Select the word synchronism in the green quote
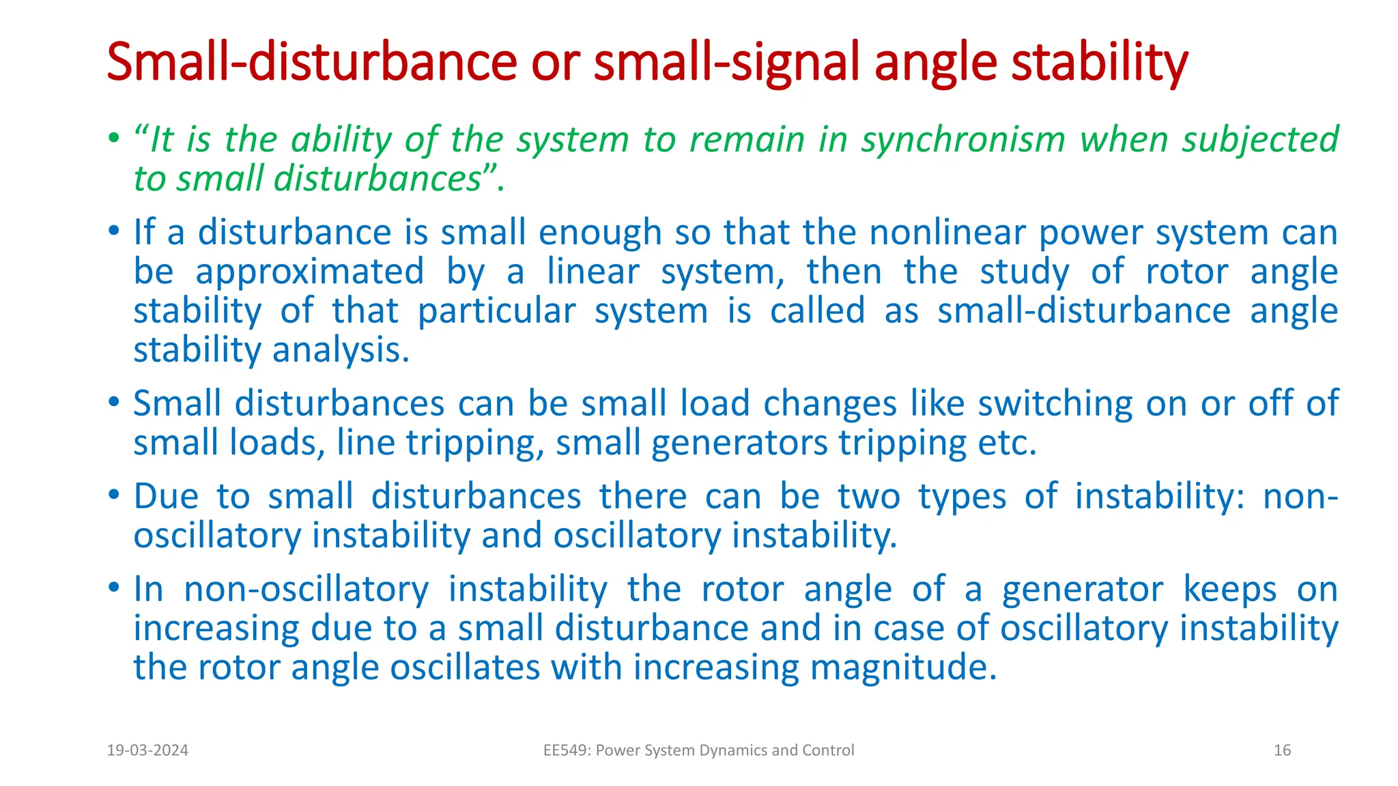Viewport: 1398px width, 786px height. [x=963, y=140]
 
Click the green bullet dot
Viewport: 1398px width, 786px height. [x=113, y=139]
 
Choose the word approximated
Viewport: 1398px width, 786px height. [x=310, y=272]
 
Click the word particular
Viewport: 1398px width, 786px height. [x=497, y=311]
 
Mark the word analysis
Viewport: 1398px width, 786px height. [x=341, y=351]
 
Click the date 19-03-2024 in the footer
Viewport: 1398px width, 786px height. [x=147, y=751]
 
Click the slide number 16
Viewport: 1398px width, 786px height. [x=1282, y=751]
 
